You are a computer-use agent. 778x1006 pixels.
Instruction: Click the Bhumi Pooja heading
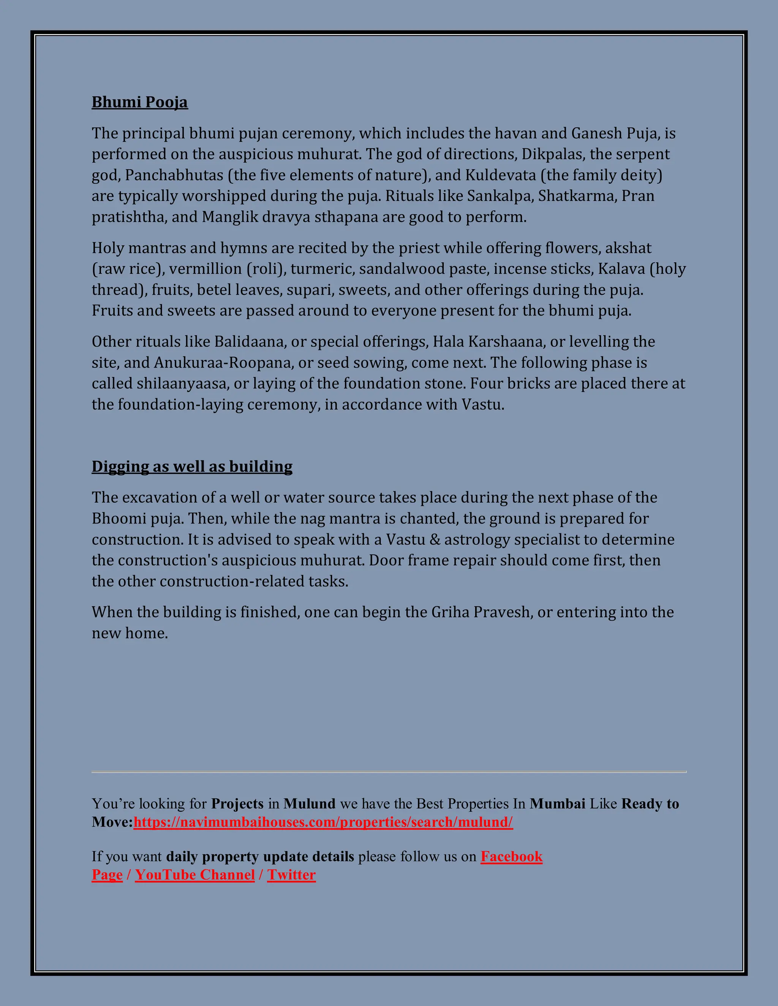pos(140,102)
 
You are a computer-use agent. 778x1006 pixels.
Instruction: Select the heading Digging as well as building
pos(192,466)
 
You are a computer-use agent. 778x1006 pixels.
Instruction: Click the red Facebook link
pos(511,856)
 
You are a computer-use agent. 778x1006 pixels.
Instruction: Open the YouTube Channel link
pos(194,875)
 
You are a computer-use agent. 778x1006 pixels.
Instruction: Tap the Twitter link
pos(291,875)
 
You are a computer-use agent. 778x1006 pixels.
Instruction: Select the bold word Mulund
pos(309,804)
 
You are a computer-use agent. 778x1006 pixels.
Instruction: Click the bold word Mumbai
pos(557,804)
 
